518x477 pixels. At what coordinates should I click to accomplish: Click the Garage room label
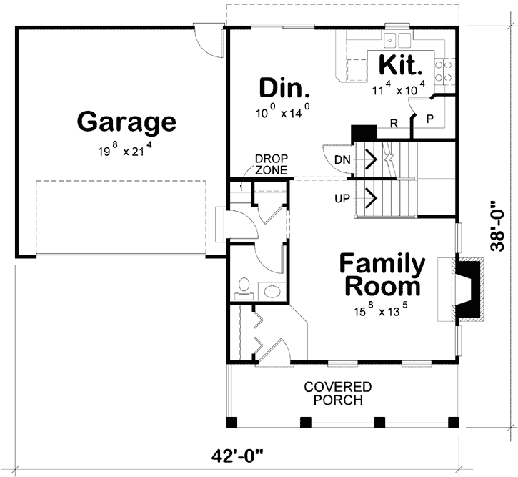(x=126, y=122)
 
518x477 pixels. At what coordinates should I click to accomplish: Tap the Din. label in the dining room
(x=285, y=88)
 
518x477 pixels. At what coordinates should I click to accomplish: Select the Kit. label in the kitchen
(x=400, y=65)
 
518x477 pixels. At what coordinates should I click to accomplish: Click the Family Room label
(x=382, y=275)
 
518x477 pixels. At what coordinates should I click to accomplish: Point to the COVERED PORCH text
(x=338, y=393)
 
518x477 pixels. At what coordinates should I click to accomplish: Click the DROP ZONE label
(x=272, y=164)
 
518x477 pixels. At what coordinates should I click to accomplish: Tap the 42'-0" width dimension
(x=237, y=456)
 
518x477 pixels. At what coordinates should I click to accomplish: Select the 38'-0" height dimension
(x=497, y=226)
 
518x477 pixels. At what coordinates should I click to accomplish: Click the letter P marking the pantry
(x=430, y=118)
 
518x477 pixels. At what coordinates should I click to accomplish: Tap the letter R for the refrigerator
(x=394, y=123)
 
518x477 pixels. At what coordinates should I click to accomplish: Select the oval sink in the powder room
(x=272, y=292)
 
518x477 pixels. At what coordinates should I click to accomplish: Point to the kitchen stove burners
(x=444, y=71)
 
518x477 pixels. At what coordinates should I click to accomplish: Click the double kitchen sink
(x=397, y=40)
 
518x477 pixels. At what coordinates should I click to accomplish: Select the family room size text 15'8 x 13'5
(x=381, y=310)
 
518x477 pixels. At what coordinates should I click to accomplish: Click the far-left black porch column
(x=232, y=422)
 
